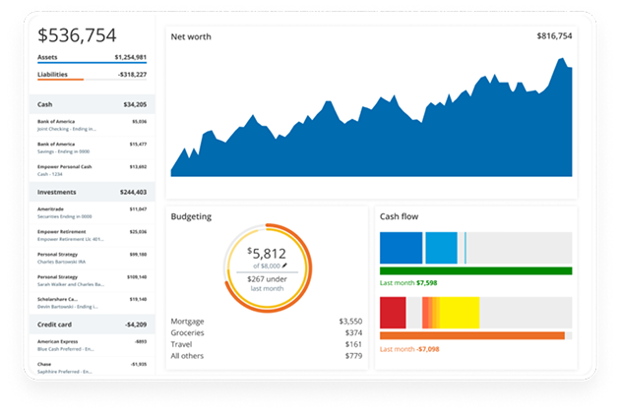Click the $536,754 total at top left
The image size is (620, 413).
tap(77, 35)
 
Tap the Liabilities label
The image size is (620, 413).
tap(52, 75)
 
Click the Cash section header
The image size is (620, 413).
tap(45, 104)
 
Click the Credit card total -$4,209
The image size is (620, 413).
tap(130, 324)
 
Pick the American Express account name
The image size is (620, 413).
tap(58, 341)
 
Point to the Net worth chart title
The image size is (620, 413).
tap(191, 37)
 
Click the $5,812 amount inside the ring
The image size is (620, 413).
tap(268, 254)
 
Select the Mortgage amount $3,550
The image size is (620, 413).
tap(349, 322)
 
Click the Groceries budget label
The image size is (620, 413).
tap(189, 333)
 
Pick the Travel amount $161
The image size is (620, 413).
tap(352, 345)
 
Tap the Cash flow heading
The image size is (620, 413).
tap(402, 215)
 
